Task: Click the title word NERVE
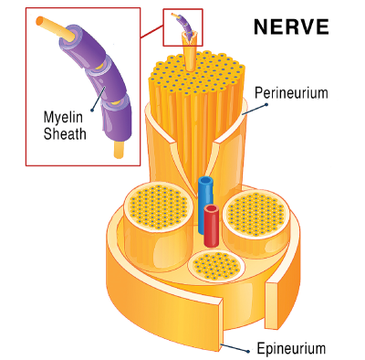[x=291, y=25]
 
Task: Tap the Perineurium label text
[x=291, y=92]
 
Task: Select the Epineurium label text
[x=290, y=348]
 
